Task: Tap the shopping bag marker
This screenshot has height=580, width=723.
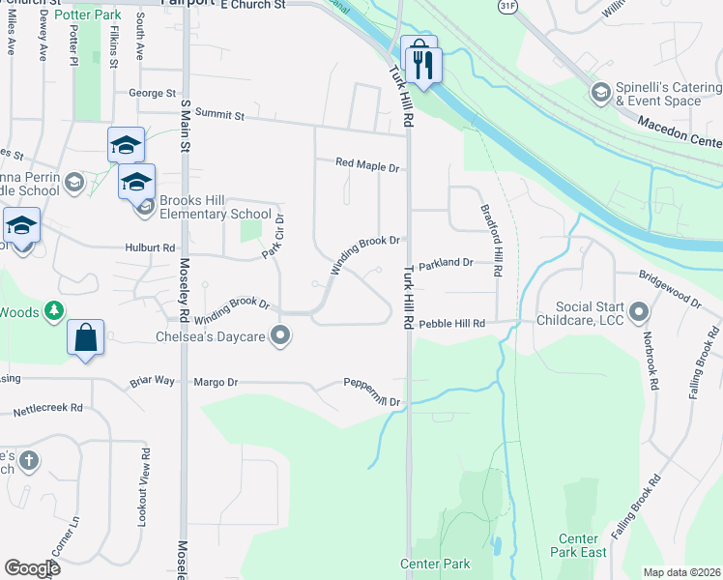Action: [x=86, y=339]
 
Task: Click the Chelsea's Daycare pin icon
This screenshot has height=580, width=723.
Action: [x=281, y=336]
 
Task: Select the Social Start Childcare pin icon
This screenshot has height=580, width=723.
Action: [x=638, y=312]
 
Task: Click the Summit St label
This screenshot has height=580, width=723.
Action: [x=221, y=114]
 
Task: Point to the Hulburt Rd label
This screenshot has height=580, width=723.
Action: [x=149, y=247]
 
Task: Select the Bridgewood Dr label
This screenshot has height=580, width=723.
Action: [x=669, y=288]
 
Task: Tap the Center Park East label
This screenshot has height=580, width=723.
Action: [x=582, y=545]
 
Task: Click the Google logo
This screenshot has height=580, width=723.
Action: [x=32, y=568]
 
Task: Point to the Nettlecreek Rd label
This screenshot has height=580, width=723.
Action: [x=47, y=409]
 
